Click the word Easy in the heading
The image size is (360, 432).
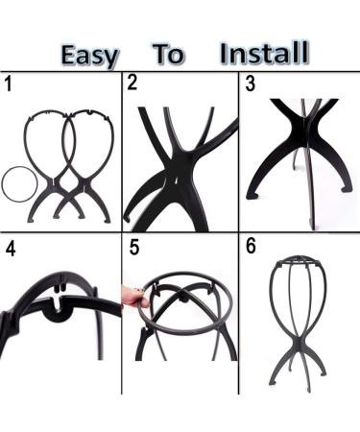point(89,54)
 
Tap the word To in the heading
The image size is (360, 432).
point(169,54)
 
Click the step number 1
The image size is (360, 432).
point(9,84)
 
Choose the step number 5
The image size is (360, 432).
point(134,248)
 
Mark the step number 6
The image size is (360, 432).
point(251,246)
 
